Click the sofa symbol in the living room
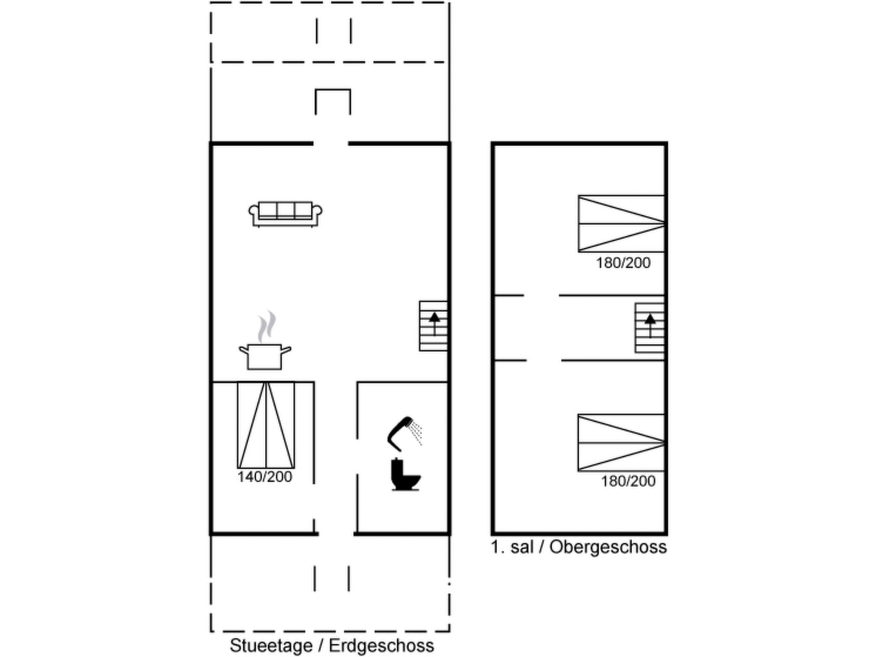pos(285,214)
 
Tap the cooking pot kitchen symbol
pos(265,356)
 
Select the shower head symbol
pos(400,433)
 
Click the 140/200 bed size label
pos(265,477)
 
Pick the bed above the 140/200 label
pos(266,425)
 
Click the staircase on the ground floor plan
pos(433,326)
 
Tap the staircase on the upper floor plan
pos(649,328)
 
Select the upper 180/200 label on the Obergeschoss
pos(623,263)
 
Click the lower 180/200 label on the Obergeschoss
pos(628,482)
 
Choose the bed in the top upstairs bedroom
pos(621,224)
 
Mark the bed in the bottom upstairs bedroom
pos(621,443)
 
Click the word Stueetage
pos(271,645)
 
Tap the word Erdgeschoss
pos(382,645)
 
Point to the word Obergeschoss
pos(608,547)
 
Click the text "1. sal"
pos(512,547)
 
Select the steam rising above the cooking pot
pos(266,326)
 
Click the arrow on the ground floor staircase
pos(435,323)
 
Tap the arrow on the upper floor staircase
pos(650,325)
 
